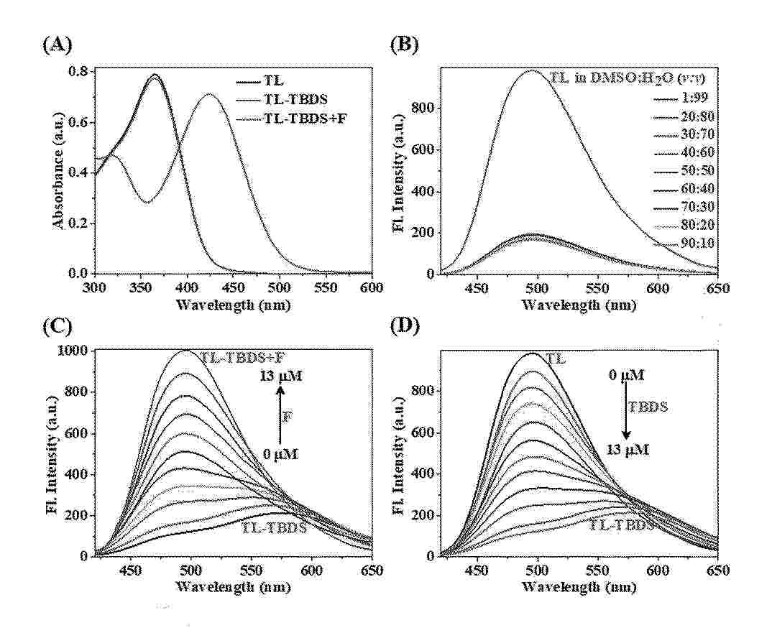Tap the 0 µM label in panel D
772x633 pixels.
(x=625, y=374)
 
